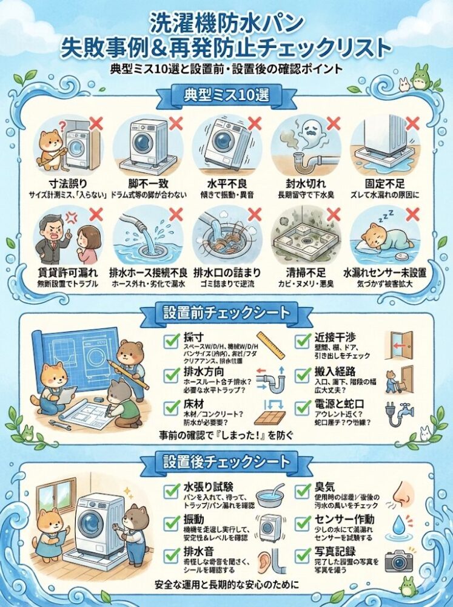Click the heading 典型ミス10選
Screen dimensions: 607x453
coord(226,95)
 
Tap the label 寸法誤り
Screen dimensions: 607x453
coord(67,183)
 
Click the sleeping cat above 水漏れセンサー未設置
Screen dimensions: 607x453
coord(379,237)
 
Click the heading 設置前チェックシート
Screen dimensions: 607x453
coord(226,313)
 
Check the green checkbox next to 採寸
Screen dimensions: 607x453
coord(170,341)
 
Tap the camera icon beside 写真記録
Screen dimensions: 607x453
coord(398,559)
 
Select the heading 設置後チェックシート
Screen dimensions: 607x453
coord(226,463)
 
